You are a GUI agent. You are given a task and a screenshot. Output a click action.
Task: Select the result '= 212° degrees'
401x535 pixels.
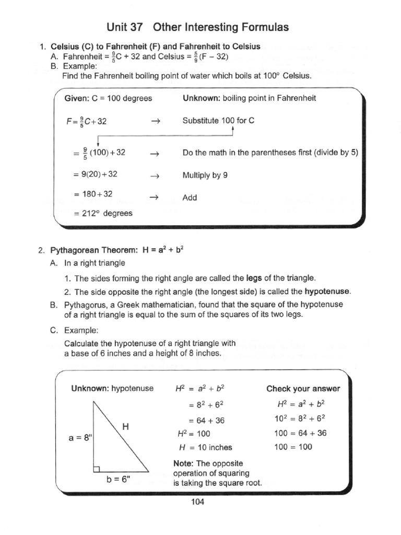[103, 213]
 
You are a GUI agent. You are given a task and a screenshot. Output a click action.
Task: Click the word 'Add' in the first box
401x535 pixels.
[190, 198]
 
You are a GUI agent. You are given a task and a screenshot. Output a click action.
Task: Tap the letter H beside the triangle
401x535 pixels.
[125, 426]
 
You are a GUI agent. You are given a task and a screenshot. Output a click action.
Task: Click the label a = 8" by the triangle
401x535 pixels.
[80, 438]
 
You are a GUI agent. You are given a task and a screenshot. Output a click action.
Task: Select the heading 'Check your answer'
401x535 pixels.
[303, 388]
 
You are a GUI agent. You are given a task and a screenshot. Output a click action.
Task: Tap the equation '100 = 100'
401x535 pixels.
[293, 447]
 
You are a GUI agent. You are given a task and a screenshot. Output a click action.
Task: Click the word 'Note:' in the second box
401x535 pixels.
[184, 463]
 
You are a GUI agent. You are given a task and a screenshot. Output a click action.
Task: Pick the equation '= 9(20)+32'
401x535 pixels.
[97, 176]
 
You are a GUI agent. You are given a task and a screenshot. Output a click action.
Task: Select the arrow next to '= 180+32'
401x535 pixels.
[154, 197]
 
